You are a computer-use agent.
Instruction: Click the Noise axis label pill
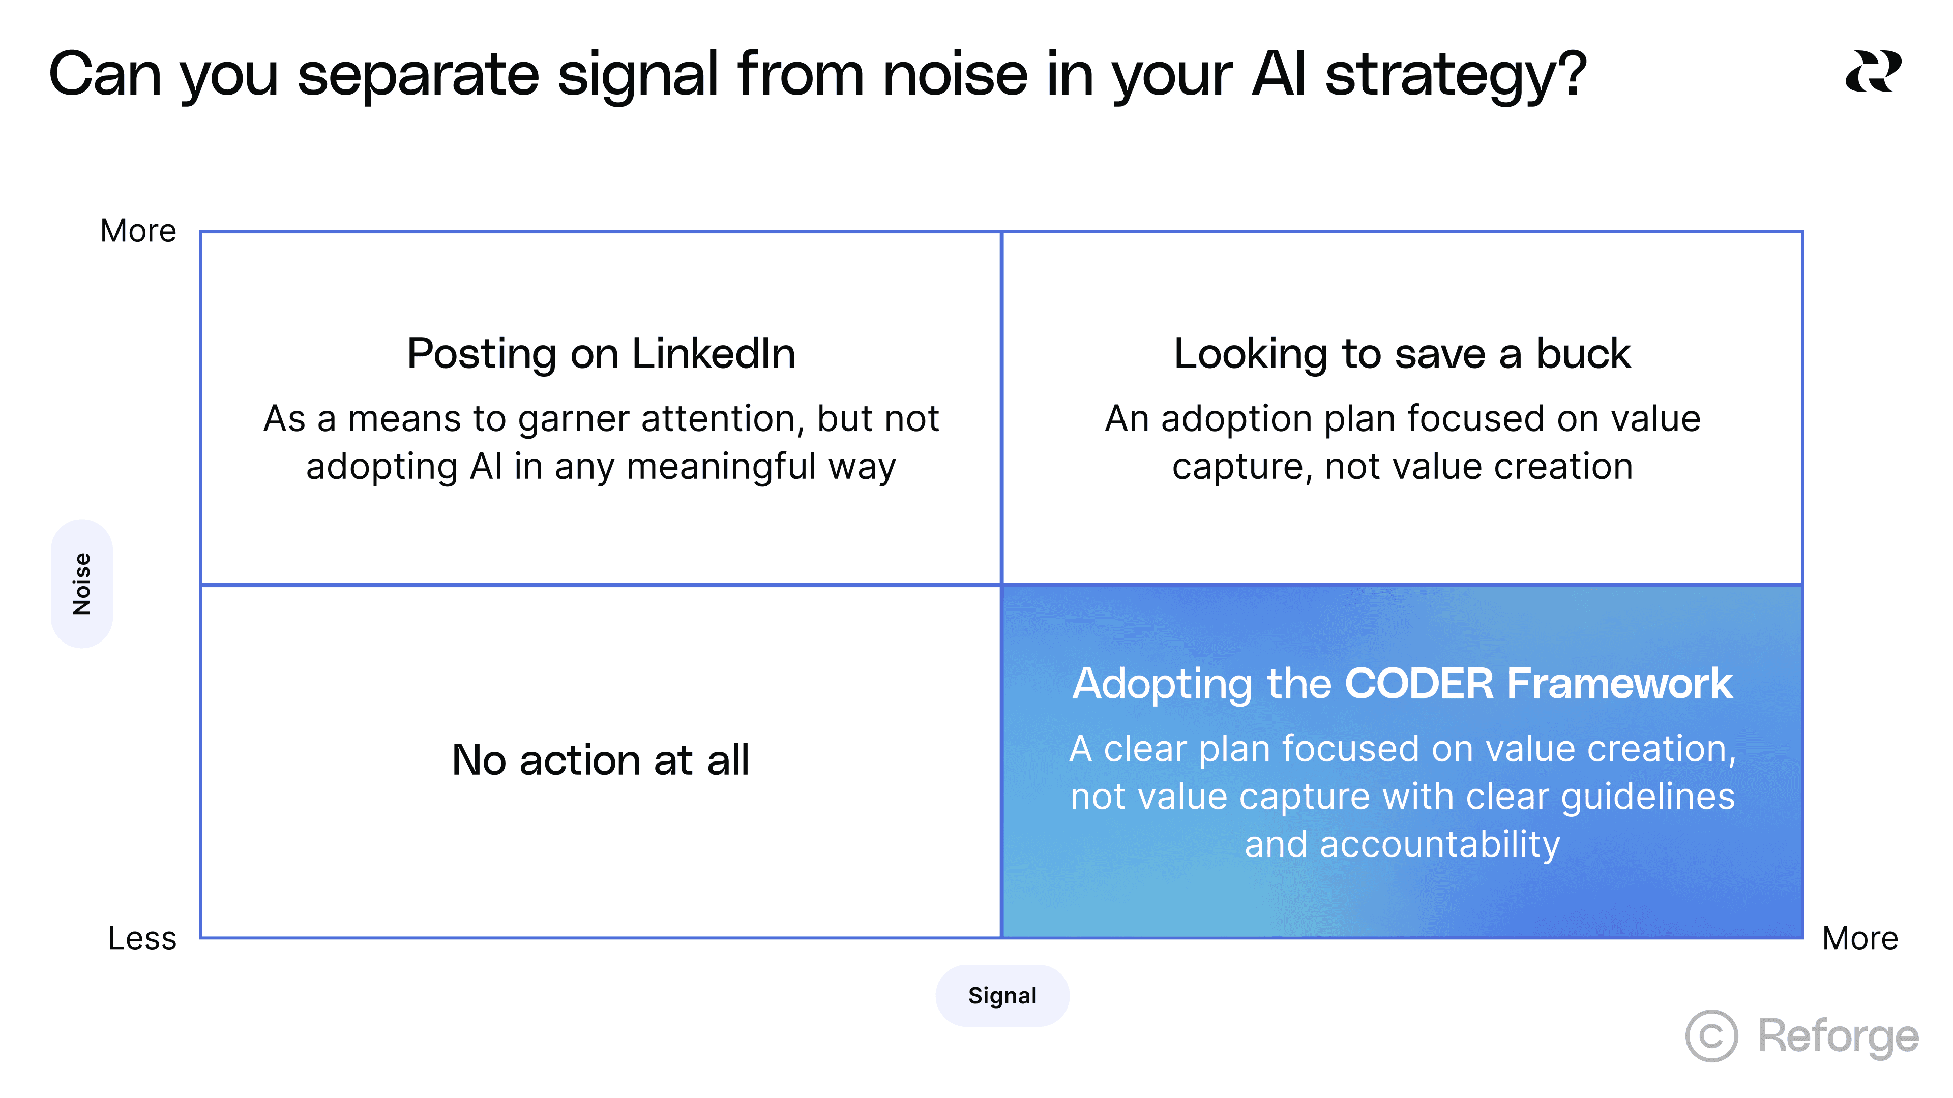pos(82,584)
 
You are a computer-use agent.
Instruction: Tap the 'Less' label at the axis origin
pos(142,938)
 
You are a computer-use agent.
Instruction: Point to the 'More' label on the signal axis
pos(1860,938)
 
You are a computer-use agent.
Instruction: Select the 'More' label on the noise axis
pos(138,231)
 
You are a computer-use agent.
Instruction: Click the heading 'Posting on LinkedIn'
pos(601,353)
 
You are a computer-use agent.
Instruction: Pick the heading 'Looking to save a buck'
pos(1402,353)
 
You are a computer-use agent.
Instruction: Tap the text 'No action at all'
pos(601,759)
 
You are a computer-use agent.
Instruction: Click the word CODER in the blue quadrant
pos(1418,684)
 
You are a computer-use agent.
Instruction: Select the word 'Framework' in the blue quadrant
pos(1619,684)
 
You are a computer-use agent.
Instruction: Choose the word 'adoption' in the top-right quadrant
pos(1236,418)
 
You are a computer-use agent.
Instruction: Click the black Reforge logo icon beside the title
pos(1873,72)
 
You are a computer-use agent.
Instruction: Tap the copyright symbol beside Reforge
pos(1711,1036)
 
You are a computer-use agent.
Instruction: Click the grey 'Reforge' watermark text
pos(1838,1036)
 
